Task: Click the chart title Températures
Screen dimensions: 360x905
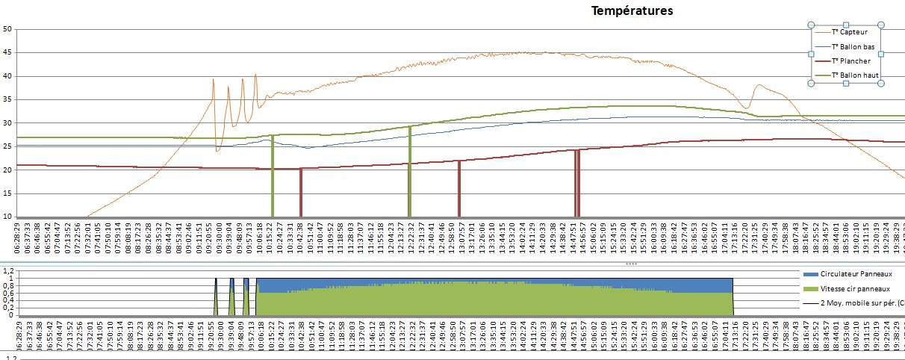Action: [x=632, y=10]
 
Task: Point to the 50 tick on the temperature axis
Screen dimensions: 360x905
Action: [x=7, y=29]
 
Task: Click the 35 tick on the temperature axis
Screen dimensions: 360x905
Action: [x=7, y=99]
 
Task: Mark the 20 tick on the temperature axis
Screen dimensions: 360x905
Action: [x=7, y=170]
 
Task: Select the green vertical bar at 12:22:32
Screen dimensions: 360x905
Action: [x=409, y=172]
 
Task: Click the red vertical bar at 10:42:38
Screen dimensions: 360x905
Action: [x=300, y=192]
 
